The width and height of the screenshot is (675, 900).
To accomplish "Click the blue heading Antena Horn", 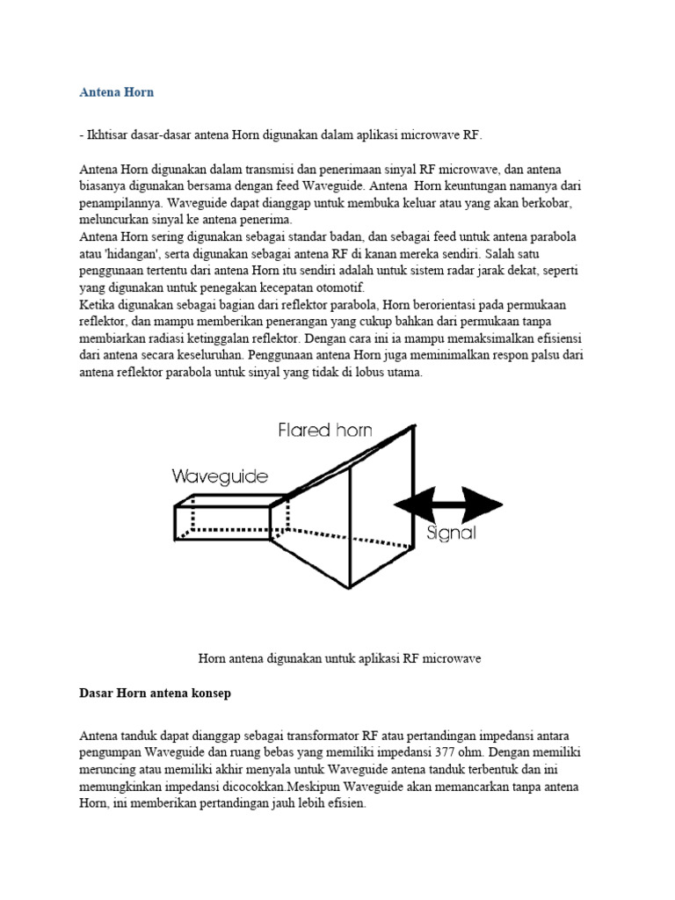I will [116, 91].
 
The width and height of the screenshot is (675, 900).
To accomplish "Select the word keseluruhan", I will [207, 355].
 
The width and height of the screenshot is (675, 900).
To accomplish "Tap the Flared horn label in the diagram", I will [325, 430].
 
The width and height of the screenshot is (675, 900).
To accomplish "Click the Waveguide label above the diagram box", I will [220, 476].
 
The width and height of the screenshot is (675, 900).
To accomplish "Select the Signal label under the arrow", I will [450, 533].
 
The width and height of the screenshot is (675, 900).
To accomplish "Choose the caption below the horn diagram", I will [339, 658].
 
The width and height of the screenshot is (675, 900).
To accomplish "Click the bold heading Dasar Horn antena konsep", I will [155, 693].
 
